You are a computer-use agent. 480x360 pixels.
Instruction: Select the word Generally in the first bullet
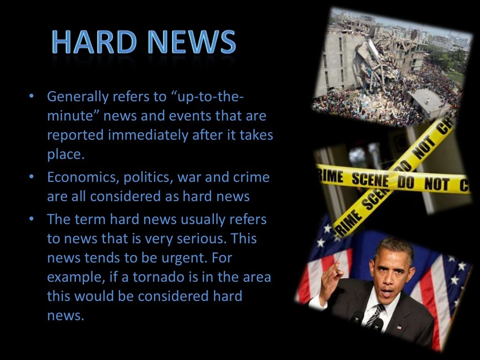[x=77, y=97]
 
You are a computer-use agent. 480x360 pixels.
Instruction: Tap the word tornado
[x=159, y=277]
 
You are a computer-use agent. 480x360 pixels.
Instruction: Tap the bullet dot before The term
[x=31, y=218]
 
